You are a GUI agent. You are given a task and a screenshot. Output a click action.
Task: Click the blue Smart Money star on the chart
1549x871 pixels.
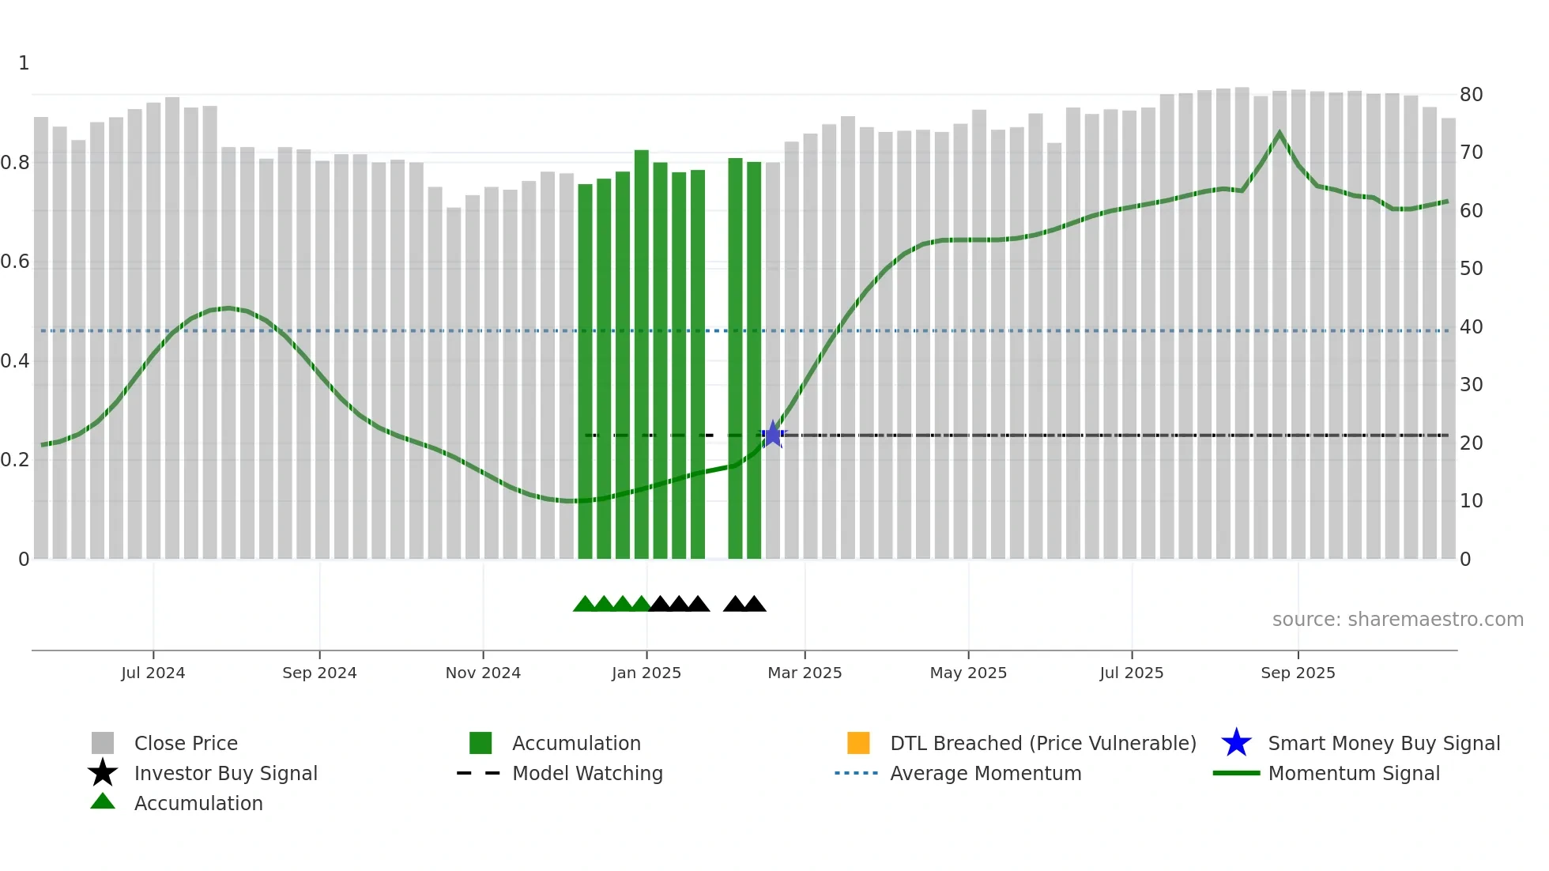tap(773, 435)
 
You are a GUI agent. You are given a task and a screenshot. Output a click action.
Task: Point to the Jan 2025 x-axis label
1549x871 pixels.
tap(646, 673)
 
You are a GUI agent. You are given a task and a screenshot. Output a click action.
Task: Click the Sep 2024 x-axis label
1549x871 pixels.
tap(319, 673)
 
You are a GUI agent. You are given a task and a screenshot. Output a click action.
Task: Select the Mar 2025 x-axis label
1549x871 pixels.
tap(805, 673)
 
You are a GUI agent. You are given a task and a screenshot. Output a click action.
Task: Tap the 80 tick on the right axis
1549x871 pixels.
tap(1471, 95)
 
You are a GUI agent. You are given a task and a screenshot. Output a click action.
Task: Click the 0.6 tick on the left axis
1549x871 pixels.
tap(15, 262)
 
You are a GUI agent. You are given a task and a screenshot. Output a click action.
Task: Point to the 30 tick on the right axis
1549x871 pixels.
tap(1471, 385)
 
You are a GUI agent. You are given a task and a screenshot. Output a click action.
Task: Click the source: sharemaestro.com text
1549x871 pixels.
tap(1397, 620)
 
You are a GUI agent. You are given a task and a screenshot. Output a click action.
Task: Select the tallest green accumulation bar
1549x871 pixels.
tap(641, 356)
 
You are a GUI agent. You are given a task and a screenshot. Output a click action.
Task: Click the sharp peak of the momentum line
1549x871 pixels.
tap(1280, 134)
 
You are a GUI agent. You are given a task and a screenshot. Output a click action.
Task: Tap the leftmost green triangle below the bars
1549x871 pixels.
tap(584, 605)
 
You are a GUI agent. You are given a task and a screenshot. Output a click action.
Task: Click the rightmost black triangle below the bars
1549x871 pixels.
tap(755, 605)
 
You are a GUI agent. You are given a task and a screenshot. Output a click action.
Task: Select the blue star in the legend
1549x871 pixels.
tap(1236, 743)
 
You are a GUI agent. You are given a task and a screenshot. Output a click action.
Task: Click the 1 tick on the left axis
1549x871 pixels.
tap(24, 63)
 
